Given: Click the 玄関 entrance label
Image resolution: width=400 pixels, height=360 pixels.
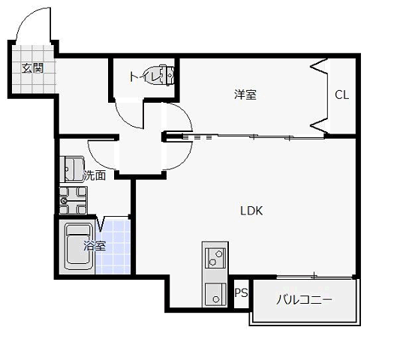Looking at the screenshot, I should coord(31,68).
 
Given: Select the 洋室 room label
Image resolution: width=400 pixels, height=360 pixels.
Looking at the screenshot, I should coord(245,94).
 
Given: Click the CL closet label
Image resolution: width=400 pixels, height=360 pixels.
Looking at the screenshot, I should coord(341,95).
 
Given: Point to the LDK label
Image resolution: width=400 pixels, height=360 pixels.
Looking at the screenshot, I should coord(251,211).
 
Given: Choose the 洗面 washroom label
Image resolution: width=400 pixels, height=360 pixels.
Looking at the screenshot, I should coord(93,176).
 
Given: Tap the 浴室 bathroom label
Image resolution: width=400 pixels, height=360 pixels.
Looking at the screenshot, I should coord(94,245).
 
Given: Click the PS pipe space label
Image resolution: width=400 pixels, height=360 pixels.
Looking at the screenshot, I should coord(241,293).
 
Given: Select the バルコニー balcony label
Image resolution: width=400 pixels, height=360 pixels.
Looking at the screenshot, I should coord(304,299).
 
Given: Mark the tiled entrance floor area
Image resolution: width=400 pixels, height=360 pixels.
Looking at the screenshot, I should coord(32,79).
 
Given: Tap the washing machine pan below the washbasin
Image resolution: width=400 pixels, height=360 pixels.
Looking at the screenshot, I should coord(74,201).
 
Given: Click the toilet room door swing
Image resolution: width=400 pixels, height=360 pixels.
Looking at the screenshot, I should coord(129,116).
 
